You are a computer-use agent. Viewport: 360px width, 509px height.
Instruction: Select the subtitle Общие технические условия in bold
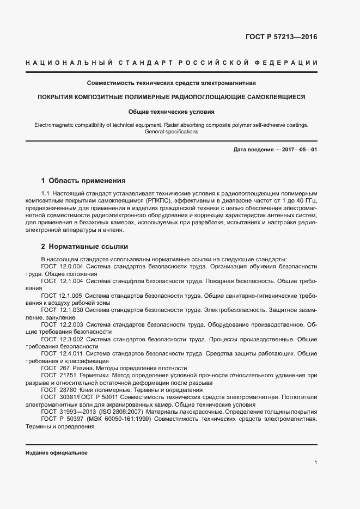point(172,112)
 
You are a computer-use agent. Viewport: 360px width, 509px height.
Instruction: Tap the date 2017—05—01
point(298,149)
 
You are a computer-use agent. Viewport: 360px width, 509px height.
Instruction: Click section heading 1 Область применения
point(83,180)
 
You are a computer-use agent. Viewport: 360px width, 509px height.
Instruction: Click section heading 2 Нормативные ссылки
point(84,247)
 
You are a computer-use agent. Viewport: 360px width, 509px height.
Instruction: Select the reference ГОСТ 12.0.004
point(62,266)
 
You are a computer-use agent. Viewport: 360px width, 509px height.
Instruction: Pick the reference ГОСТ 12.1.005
point(62,295)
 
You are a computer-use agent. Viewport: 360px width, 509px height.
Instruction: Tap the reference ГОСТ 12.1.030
point(62,310)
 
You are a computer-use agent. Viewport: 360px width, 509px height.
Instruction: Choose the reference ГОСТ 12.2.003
point(62,324)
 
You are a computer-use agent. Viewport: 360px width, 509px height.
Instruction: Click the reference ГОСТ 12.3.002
point(62,339)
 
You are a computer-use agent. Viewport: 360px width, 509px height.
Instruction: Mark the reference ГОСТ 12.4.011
point(62,354)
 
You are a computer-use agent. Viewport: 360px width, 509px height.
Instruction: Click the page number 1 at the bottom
point(316,463)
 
